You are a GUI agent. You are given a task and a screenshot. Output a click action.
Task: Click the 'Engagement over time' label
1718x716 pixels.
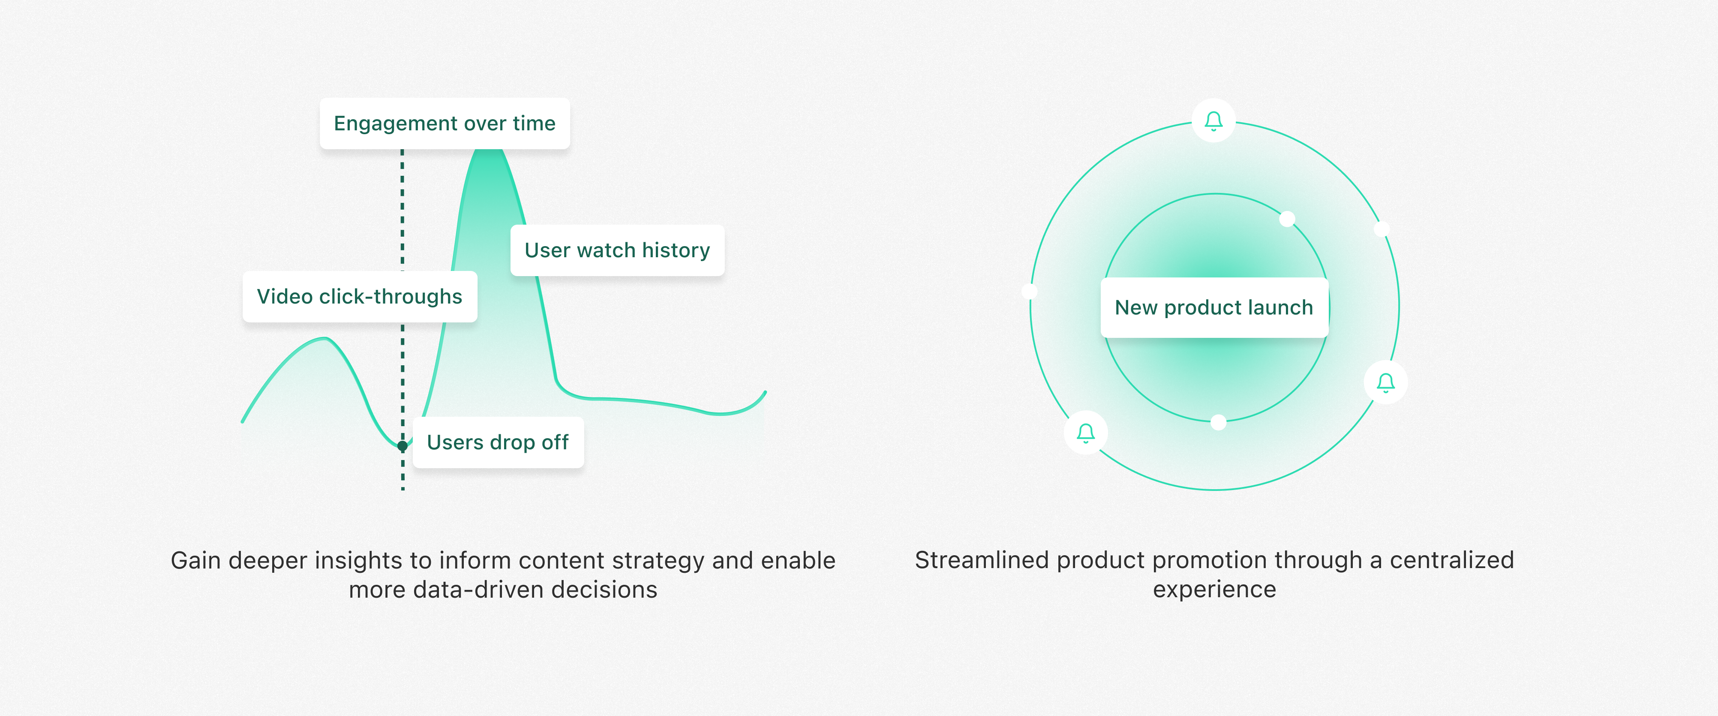pyautogui.click(x=445, y=123)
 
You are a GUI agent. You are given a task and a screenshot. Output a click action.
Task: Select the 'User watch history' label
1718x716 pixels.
pyautogui.click(x=618, y=250)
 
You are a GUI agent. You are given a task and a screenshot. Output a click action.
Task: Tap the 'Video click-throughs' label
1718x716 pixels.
pyautogui.click(x=360, y=296)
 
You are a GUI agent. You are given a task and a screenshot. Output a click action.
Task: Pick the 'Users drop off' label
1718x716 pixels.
pyautogui.click(x=498, y=442)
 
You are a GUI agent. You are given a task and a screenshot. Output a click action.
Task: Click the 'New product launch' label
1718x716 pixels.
pyautogui.click(x=1214, y=307)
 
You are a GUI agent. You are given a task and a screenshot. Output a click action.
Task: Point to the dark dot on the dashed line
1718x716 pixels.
pyautogui.click(x=402, y=446)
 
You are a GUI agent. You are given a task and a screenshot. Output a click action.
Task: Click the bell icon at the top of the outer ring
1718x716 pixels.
pyautogui.click(x=1214, y=121)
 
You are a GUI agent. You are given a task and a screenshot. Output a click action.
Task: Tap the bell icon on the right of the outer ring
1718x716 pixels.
pyautogui.click(x=1386, y=382)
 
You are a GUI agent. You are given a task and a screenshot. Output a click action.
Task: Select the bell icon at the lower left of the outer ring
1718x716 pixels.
pyautogui.click(x=1086, y=433)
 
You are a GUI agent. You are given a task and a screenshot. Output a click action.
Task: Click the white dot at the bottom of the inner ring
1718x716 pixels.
pyautogui.click(x=1219, y=422)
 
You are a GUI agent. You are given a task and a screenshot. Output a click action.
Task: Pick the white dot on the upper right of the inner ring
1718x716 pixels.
pyautogui.click(x=1287, y=219)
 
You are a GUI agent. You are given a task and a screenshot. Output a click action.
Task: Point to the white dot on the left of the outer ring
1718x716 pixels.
pyautogui.click(x=1030, y=291)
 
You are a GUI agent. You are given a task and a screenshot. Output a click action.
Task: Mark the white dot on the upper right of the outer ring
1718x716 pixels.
pyautogui.click(x=1382, y=229)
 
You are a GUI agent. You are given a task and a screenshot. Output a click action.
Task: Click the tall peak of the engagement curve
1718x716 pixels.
pyautogui.click(x=489, y=151)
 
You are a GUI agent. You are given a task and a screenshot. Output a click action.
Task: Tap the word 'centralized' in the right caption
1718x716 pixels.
pyautogui.click(x=1452, y=560)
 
